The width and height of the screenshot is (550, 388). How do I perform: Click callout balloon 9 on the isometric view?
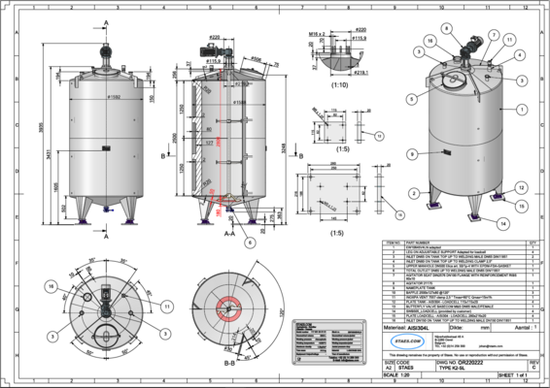tap(412, 154)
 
